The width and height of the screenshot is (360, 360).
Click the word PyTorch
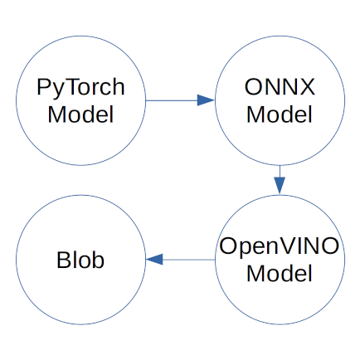click(80, 88)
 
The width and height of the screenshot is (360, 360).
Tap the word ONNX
click(280, 87)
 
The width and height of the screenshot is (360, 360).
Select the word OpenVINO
click(279, 247)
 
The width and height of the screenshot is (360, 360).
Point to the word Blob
click(80, 260)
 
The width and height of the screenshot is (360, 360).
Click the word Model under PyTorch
click(80, 114)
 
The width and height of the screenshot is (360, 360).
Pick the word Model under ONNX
click(280, 114)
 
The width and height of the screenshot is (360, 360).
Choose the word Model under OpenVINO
click(280, 273)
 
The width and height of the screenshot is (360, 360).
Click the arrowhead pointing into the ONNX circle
click(206, 100)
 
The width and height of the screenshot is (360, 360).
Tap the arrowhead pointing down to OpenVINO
click(280, 186)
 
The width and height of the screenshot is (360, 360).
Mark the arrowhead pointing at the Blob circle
click(154, 260)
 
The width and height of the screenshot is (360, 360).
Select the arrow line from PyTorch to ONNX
click(180, 100)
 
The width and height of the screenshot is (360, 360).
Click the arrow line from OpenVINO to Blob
click(180, 260)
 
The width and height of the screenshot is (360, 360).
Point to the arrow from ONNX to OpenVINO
click(280, 180)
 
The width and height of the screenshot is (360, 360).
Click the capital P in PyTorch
click(44, 87)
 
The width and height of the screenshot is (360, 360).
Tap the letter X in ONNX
click(307, 87)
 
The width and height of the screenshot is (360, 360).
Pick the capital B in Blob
click(64, 260)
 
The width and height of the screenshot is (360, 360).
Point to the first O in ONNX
click(253, 87)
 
